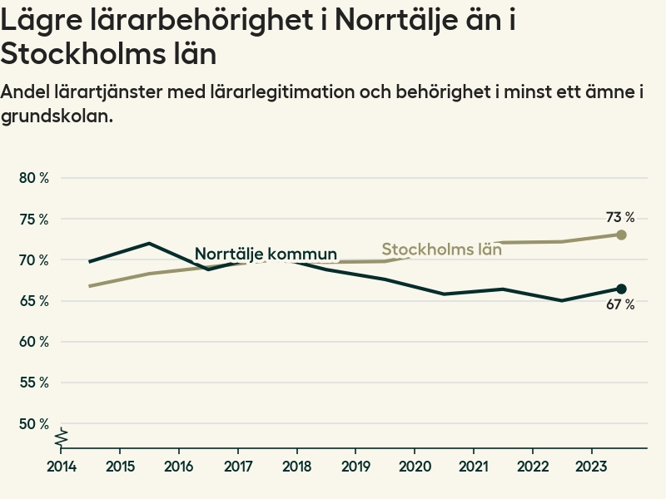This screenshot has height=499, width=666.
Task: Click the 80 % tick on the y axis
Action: point(34,178)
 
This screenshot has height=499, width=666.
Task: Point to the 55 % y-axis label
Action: point(34,383)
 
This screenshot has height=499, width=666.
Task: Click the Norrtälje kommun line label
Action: point(266,254)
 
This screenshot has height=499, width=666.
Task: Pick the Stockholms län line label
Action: point(441,249)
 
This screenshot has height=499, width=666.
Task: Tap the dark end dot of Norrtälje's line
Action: point(621,289)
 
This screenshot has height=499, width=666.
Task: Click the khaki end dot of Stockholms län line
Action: point(621,235)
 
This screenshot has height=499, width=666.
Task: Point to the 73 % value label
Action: point(620,217)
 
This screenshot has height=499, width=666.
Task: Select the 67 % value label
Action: point(620,305)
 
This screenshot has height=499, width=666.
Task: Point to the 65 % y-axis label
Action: point(34,300)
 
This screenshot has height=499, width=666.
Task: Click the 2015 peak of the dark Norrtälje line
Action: point(148,244)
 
